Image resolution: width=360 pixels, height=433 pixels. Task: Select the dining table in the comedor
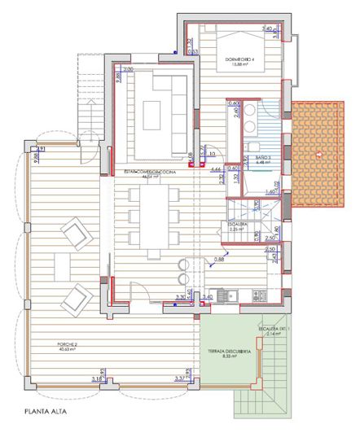tap(149, 218)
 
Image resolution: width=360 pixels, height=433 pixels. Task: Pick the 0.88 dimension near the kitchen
tap(219, 260)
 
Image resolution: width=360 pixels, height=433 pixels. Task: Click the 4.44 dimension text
tap(217, 169)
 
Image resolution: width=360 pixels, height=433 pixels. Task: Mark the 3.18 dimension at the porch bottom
tap(97, 379)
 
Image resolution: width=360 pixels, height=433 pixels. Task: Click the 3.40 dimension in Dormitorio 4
tap(266, 29)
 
